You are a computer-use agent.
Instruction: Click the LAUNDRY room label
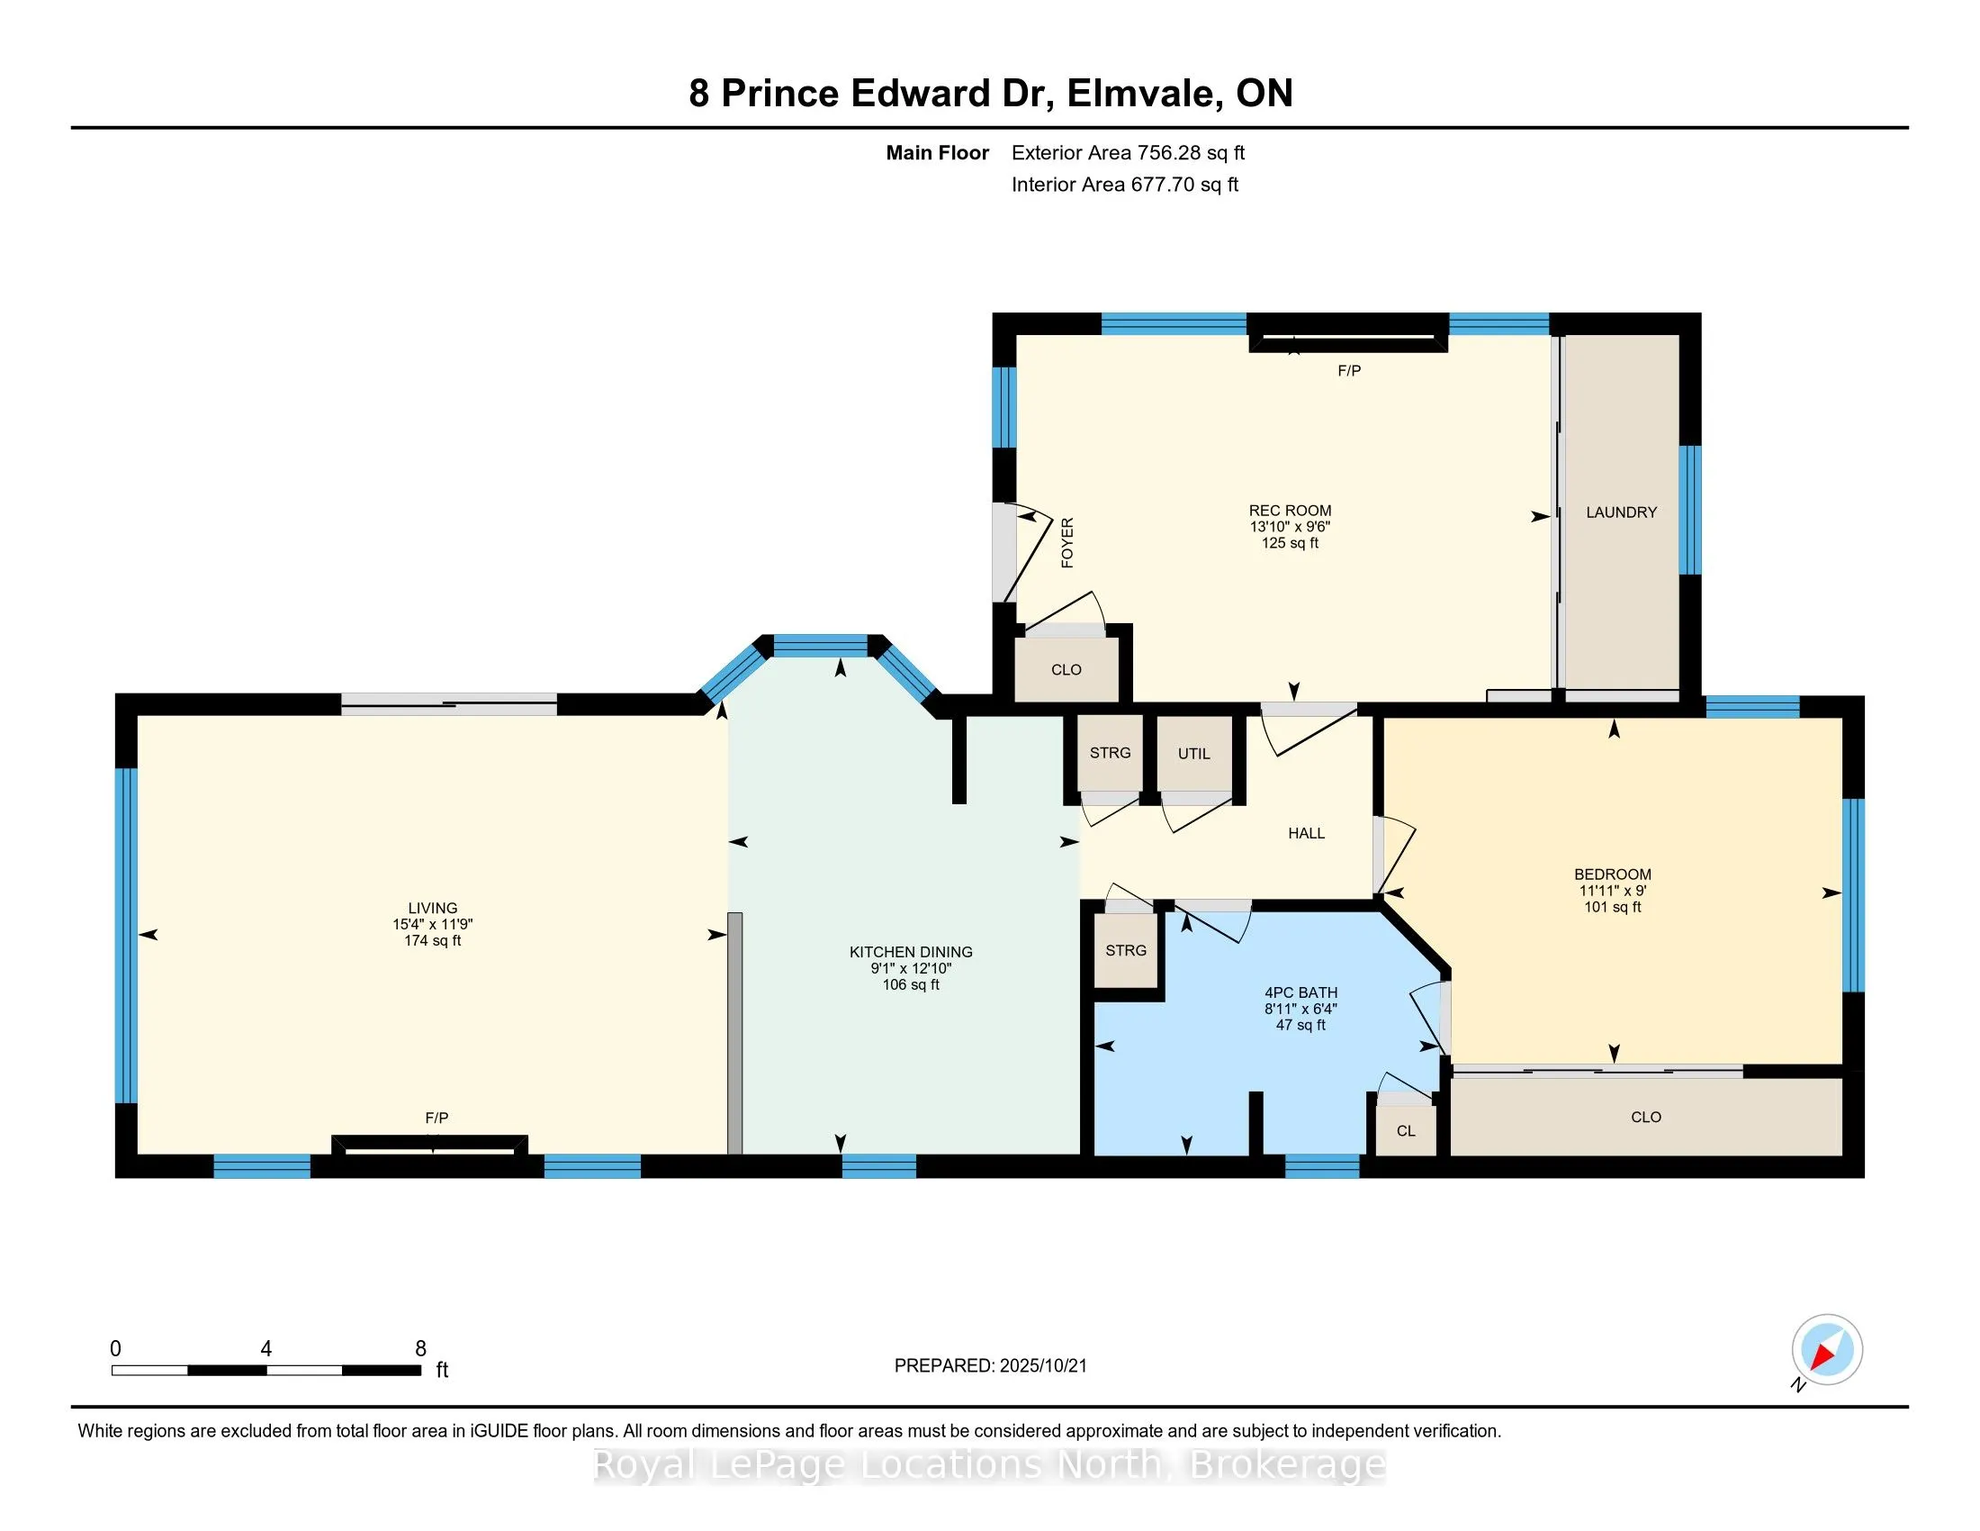click(x=1621, y=512)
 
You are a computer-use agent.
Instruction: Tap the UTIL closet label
click(x=1193, y=754)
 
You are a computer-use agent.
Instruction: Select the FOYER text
click(x=1067, y=542)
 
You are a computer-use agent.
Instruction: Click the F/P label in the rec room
click(x=1349, y=370)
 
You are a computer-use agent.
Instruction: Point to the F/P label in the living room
click(x=436, y=1118)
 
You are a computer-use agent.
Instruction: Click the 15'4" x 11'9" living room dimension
click(x=432, y=924)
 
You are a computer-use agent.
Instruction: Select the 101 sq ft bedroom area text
click(x=1612, y=907)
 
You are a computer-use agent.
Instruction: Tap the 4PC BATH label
click(x=1300, y=992)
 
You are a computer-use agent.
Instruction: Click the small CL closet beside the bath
click(x=1405, y=1131)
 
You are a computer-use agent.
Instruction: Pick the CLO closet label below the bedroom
click(x=1645, y=1118)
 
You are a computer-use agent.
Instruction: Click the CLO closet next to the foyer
click(x=1066, y=670)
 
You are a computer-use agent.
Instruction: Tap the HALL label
click(x=1306, y=833)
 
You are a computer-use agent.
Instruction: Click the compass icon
click(x=1827, y=1349)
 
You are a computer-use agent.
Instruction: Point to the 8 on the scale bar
click(x=419, y=1349)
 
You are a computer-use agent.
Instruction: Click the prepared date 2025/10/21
click(x=1041, y=1366)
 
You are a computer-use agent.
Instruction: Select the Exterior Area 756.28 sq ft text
click(x=1128, y=152)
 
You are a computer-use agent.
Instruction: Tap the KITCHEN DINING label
click(x=910, y=951)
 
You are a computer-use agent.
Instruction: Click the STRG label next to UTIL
click(x=1110, y=753)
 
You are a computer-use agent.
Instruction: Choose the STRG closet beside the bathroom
click(x=1125, y=950)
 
